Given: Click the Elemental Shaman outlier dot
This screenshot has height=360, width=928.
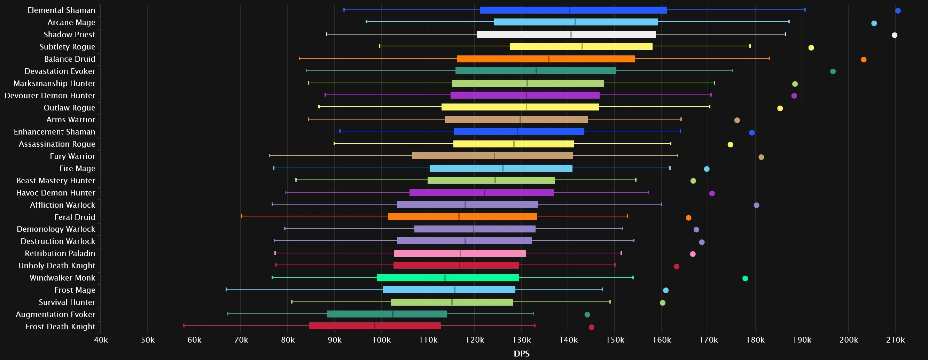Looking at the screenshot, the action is pos(898,11).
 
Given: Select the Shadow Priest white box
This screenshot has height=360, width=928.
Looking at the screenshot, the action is pos(566,35).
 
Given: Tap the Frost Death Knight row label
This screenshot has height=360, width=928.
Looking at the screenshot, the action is pos(60,327).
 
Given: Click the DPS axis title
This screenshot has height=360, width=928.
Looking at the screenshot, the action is pos(522,353).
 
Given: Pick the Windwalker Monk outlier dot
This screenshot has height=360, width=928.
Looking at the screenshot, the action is pos(745,278).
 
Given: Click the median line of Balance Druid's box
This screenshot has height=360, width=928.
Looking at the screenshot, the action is pos(549,59).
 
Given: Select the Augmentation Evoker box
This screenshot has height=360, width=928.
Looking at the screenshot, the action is pos(387,314).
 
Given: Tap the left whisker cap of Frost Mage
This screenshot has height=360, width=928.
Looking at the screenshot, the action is pos(226,289).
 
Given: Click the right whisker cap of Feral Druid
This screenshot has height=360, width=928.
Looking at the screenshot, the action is pos(627,216).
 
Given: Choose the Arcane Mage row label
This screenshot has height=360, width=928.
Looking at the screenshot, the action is pos(71,22).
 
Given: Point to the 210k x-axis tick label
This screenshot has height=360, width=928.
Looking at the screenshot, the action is pos(895,340).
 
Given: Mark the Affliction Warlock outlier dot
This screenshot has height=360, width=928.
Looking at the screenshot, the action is pos(757,205).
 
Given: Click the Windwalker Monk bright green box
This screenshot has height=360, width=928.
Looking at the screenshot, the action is pos(448,278).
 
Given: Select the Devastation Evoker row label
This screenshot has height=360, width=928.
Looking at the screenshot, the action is pos(60,71).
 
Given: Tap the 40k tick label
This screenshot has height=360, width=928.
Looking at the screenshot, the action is pos(101,340).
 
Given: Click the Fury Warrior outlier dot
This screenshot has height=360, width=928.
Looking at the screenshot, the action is pos(761,157).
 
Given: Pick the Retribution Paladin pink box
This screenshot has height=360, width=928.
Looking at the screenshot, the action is pos(460,253).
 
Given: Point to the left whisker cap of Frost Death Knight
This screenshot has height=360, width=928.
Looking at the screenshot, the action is pos(184,326).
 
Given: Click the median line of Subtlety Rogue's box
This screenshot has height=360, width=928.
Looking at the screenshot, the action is pos(582,46).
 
